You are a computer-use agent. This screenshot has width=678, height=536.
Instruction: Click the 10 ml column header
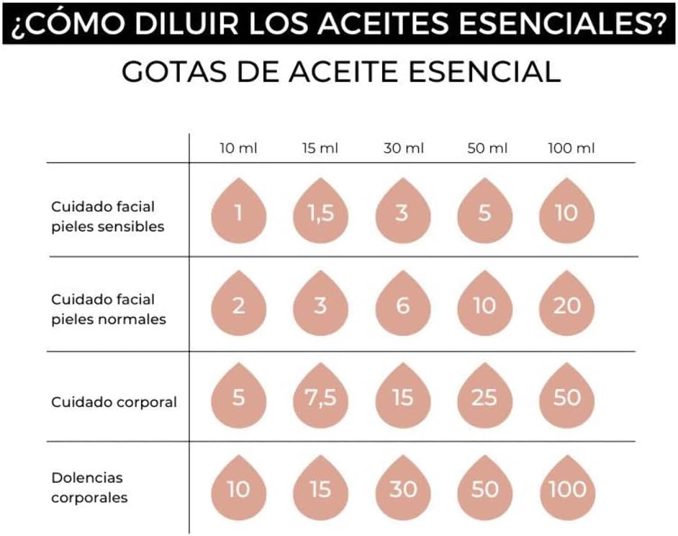(238, 148)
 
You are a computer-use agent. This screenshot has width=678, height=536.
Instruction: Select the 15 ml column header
(320, 148)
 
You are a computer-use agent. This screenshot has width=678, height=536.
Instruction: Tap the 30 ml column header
(403, 148)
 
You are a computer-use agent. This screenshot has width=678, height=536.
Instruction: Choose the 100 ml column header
(571, 148)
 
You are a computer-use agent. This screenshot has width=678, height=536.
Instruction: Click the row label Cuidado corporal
(114, 402)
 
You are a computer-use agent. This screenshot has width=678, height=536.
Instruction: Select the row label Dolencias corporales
(89, 487)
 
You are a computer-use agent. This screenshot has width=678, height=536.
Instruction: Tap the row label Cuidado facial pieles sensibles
(107, 216)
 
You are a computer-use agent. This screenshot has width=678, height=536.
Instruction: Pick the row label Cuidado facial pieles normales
(108, 309)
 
